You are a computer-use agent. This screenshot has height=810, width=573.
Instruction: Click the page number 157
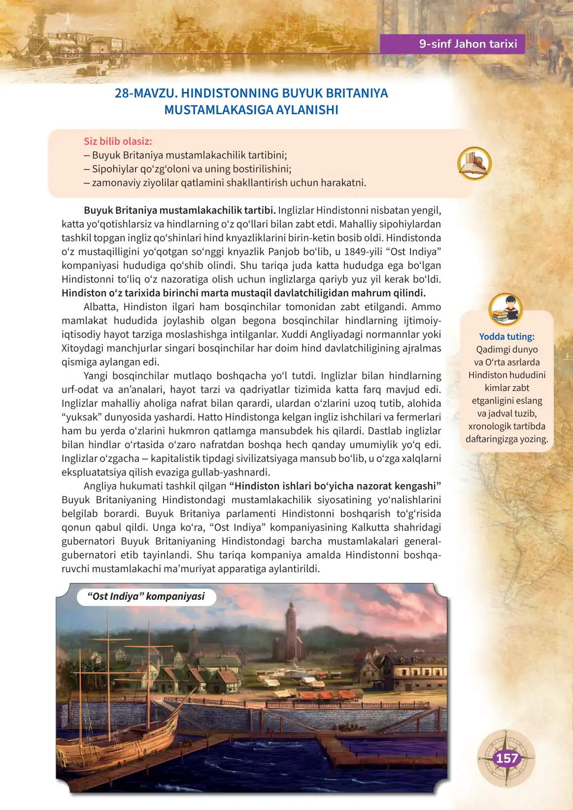(x=506, y=758)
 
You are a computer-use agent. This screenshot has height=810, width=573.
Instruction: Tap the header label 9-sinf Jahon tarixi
(x=468, y=44)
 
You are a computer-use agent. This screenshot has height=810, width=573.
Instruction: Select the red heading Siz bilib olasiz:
(x=118, y=141)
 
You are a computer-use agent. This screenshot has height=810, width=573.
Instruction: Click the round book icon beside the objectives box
(x=474, y=163)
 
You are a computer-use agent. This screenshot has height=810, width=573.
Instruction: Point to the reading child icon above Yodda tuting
(x=506, y=309)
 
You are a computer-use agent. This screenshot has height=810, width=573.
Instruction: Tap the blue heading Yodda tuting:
(x=506, y=337)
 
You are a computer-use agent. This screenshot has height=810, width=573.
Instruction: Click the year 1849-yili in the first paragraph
(x=364, y=252)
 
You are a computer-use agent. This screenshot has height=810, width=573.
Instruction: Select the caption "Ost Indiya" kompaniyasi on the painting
(x=146, y=596)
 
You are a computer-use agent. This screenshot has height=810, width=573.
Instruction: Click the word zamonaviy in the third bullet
(x=114, y=183)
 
